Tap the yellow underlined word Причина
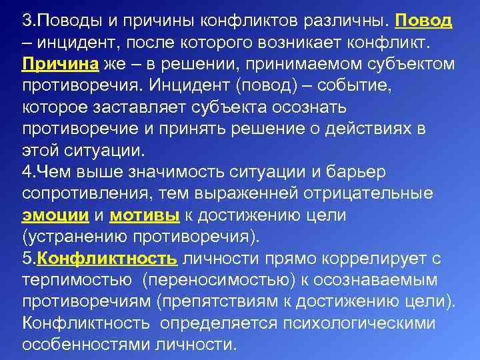61,64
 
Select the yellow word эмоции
55,216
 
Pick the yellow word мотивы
143,216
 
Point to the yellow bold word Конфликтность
107,259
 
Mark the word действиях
365,129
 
